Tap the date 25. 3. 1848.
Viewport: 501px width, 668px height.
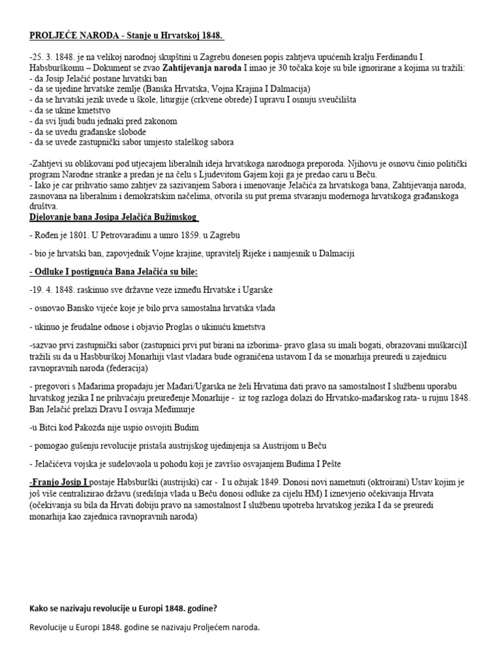[54, 57]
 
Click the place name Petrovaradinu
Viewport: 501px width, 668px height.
[130, 235]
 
